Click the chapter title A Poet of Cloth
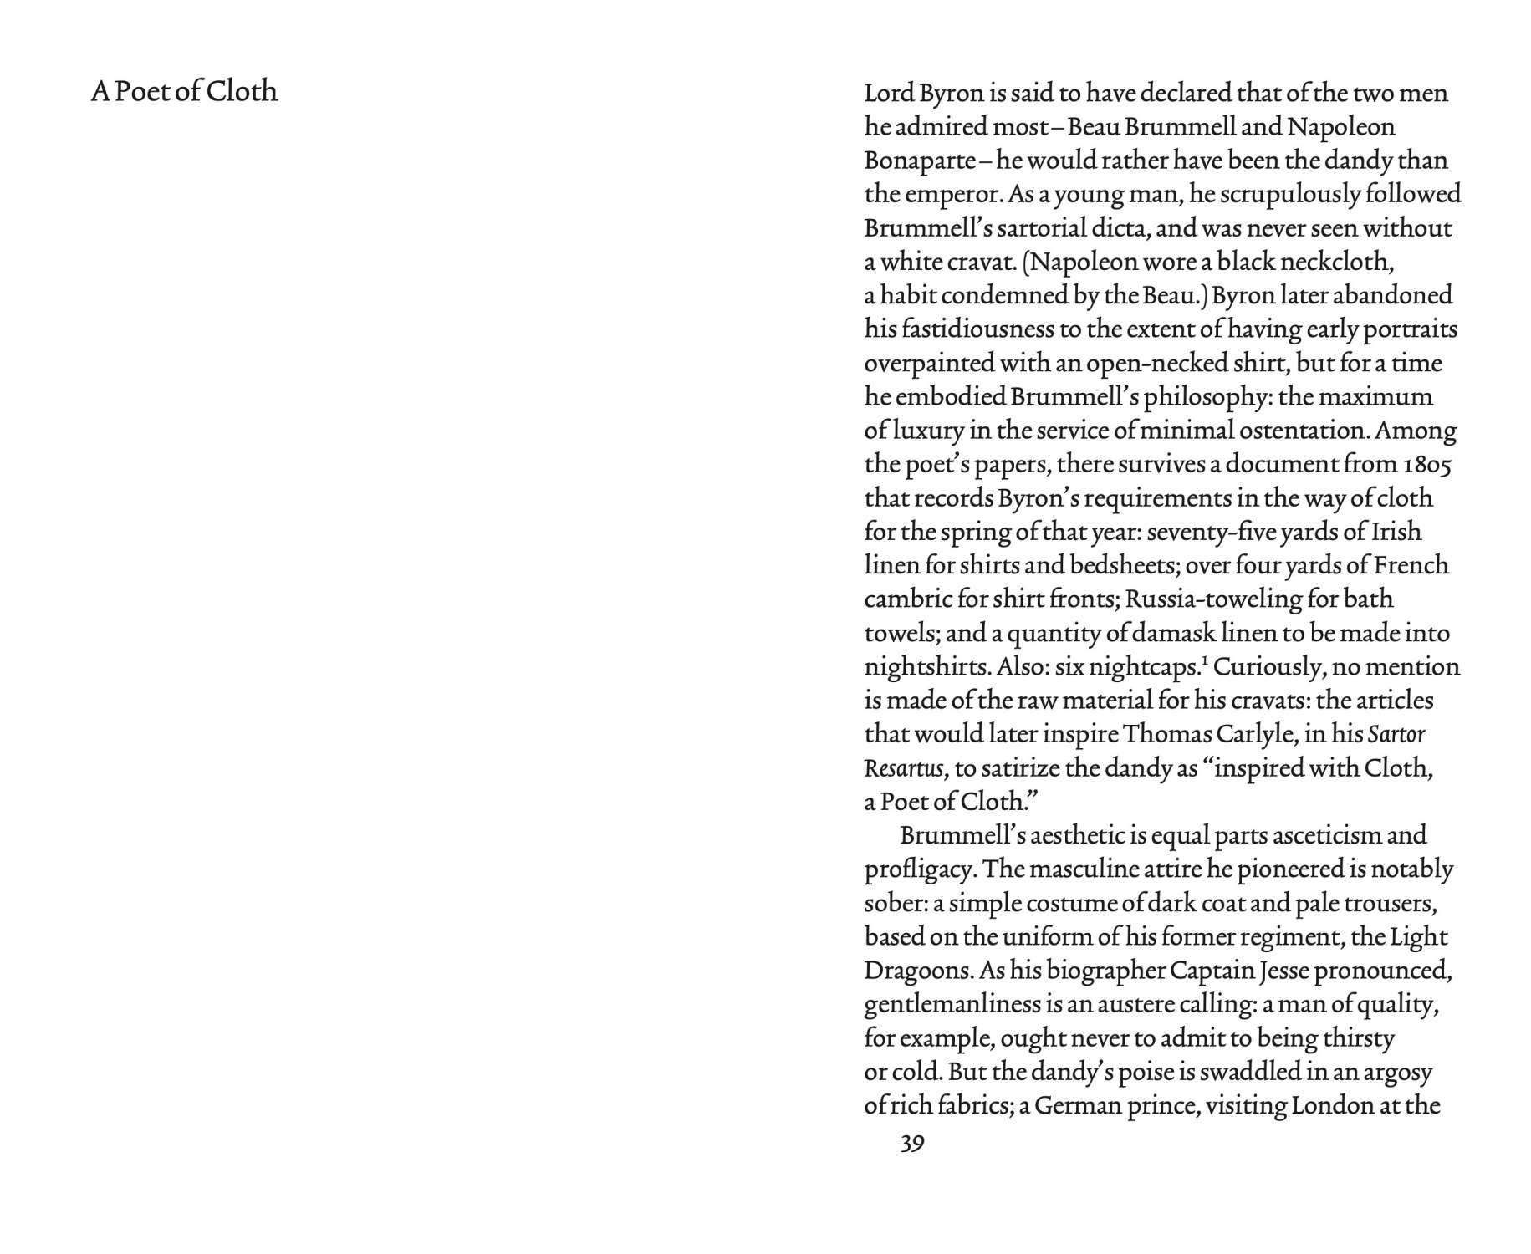point(184,91)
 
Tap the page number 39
point(912,1143)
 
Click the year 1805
point(1426,465)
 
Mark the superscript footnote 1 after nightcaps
point(1205,661)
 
